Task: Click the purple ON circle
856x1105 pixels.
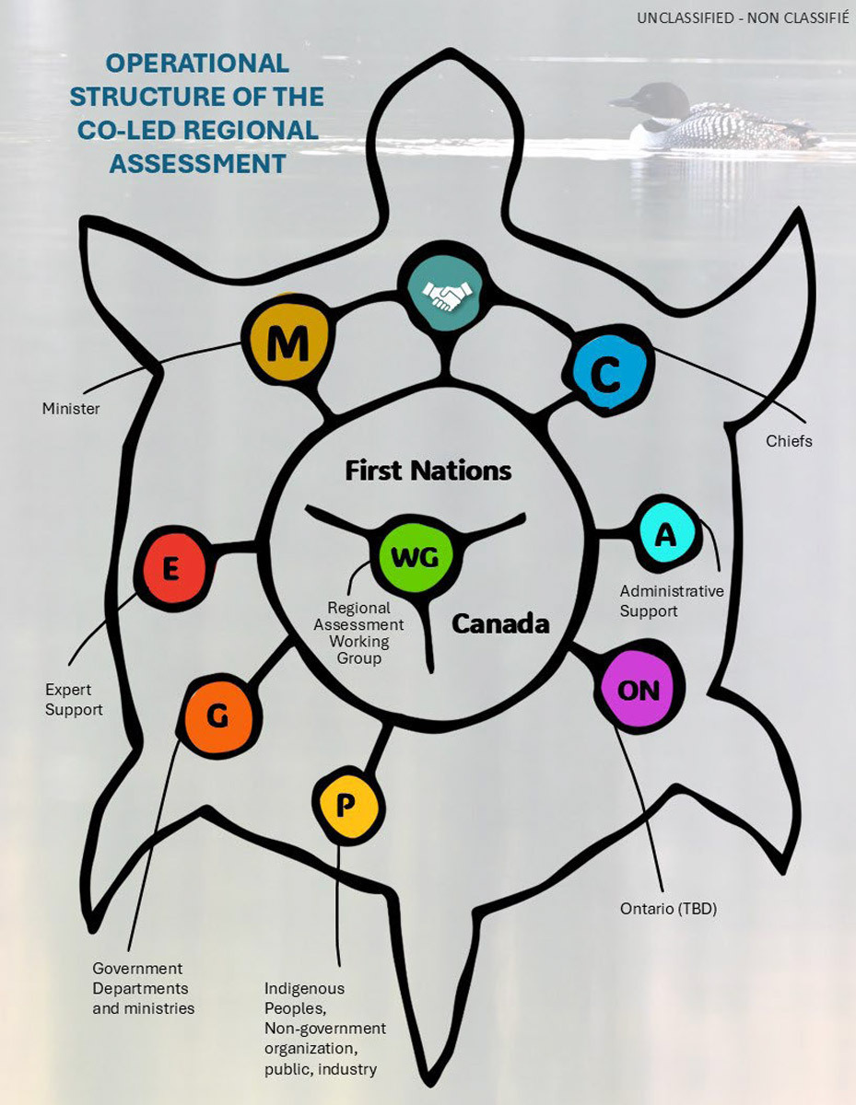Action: coord(638,689)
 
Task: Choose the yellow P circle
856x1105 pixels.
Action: coord(346,805)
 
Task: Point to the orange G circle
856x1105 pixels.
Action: coord(218,715)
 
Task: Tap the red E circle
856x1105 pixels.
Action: coord(171,569)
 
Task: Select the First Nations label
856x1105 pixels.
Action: coord(428,471)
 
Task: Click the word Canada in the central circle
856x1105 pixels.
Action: coord(500,623)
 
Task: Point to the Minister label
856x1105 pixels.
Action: coord(71,407)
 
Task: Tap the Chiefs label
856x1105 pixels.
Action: coord(789,441)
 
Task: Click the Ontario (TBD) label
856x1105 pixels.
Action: coord(668,909)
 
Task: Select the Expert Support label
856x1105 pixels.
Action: coord(74,700)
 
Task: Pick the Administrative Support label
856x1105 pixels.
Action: coord(672,601)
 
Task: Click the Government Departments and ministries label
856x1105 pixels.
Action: coord(144,988)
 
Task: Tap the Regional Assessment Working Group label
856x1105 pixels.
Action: coord(359,634)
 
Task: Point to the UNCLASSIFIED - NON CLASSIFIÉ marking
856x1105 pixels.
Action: coord(743,17)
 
